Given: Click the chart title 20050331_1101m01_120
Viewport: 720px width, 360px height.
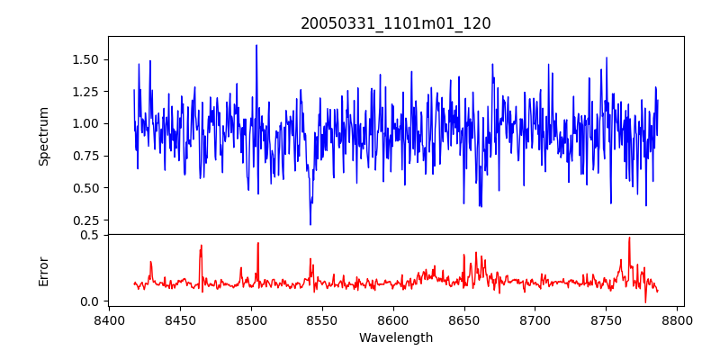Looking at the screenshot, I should coord(396,23).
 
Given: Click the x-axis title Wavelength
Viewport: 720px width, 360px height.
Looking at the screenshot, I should coord(396,338).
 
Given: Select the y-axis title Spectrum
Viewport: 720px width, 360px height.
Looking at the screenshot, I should coord(43,135).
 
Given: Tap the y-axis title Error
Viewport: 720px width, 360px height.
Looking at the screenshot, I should coord(43,271).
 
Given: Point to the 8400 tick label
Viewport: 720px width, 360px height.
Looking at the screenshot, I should coord(109,319).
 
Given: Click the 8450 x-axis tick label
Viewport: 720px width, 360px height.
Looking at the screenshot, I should coord(180,319).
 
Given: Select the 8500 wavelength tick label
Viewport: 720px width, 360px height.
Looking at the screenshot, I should coord(251,319).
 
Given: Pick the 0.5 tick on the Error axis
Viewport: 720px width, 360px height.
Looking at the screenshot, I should coord(90,235).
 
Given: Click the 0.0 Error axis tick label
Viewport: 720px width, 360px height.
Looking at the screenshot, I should coord(90,301).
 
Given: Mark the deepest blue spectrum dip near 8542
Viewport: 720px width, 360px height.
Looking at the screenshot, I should coord(310,224).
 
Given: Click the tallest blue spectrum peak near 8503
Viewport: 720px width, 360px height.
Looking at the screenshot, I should coord(256,46).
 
